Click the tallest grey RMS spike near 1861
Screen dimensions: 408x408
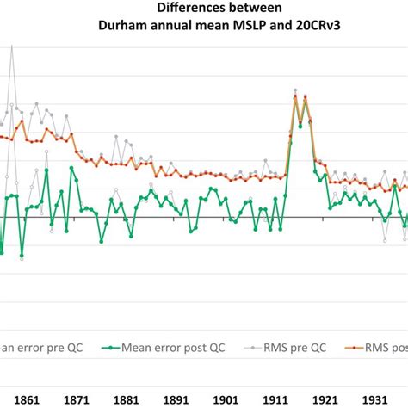coord(12,46)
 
